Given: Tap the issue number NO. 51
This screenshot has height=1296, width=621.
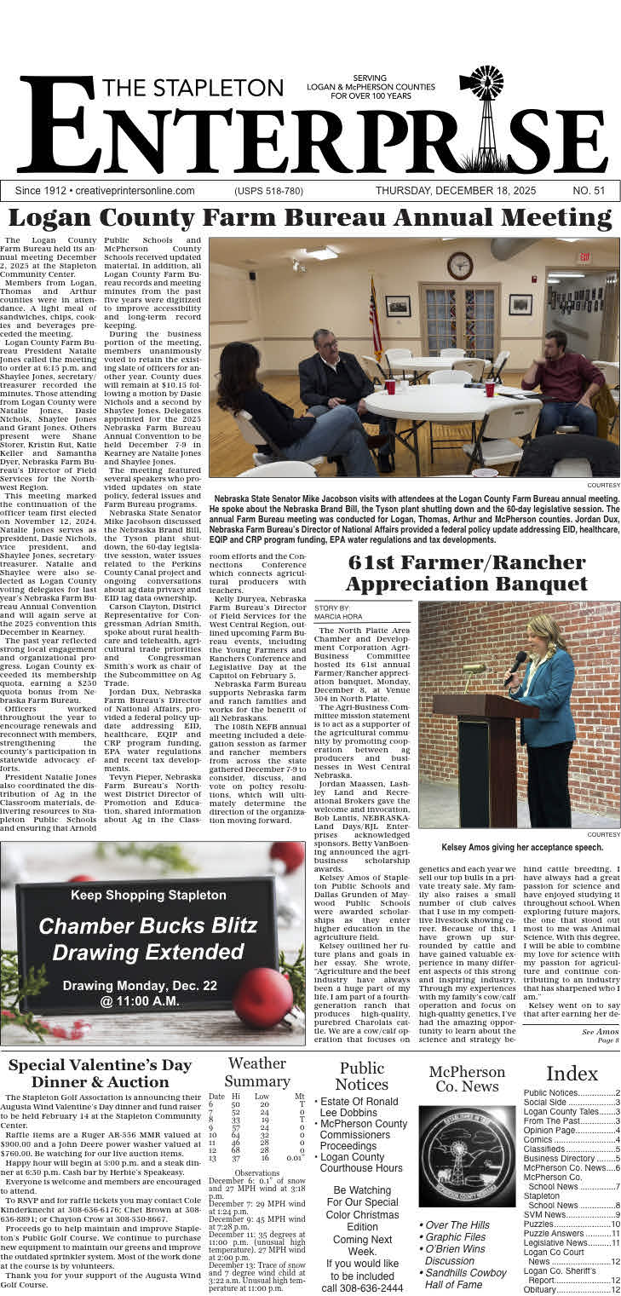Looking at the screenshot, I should (589, 191).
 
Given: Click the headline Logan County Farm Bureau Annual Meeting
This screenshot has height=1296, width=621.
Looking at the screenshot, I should (310, 218).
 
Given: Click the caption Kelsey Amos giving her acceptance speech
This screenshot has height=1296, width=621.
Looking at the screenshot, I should (521, 847).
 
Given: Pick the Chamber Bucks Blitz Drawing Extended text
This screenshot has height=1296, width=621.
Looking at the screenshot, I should (147, 937).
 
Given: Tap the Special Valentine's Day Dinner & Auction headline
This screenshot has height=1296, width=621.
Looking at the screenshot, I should (100, 1074).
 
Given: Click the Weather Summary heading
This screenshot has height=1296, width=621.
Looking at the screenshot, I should (257, 1072).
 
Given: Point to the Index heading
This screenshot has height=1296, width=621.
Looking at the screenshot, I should (572, 1073).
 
